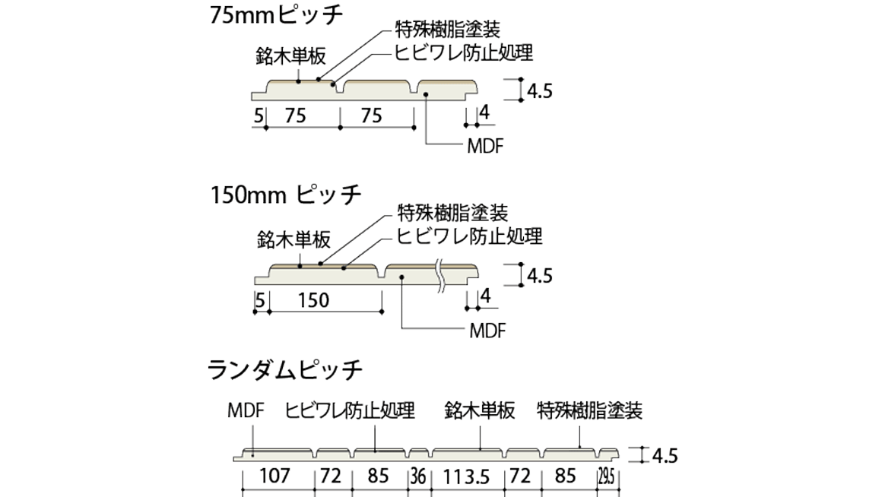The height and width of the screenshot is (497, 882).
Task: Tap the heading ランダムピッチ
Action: (x=285, y=371)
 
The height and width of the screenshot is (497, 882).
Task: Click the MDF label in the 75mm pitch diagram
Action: (x=484, y=145)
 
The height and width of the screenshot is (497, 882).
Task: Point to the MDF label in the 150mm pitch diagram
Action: (x=487, y=331)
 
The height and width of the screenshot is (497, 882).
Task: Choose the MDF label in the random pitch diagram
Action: (x=245, y=411)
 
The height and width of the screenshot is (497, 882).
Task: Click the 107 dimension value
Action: (x=275, y=476)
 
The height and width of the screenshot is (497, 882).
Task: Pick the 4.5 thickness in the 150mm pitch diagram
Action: (x=538, y=275)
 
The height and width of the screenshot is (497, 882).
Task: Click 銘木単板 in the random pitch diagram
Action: (x=480, y=411)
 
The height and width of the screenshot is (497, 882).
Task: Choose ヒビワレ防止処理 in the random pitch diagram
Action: (x=350, y=411)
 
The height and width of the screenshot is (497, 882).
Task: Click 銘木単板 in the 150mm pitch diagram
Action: (x=293, y=240)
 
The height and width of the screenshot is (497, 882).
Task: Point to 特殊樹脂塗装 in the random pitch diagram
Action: (x=589, y=411)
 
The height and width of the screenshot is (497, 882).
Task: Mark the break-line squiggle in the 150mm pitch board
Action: (x=439, y=276)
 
